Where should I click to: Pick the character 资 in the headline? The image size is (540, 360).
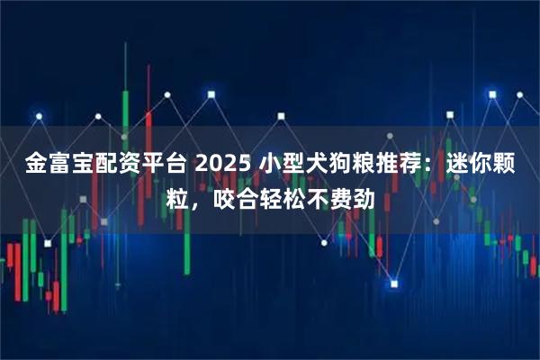pos(127,165)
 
